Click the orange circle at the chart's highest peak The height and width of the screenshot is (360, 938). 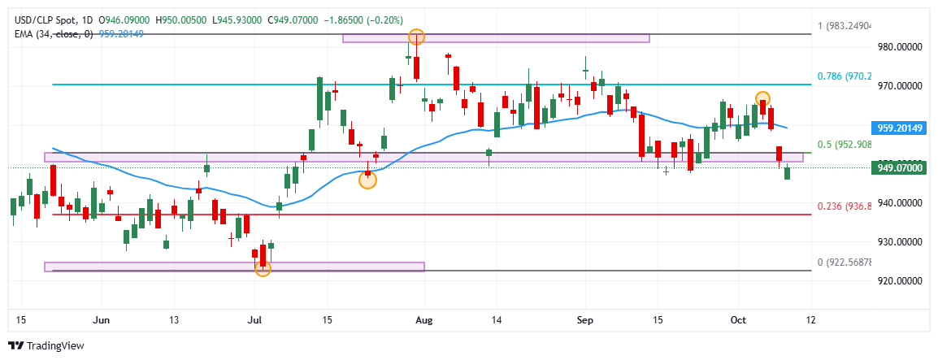[x=416, y=37]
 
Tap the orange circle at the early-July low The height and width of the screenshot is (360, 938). [x=263, y=268]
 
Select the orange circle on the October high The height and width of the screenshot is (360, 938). [x=762, y=99]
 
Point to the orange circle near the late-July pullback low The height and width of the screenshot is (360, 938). [x=367, y=180]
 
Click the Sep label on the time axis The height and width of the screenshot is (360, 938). [x=584, y=320]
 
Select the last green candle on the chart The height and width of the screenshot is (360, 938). [x=787, y=172]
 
